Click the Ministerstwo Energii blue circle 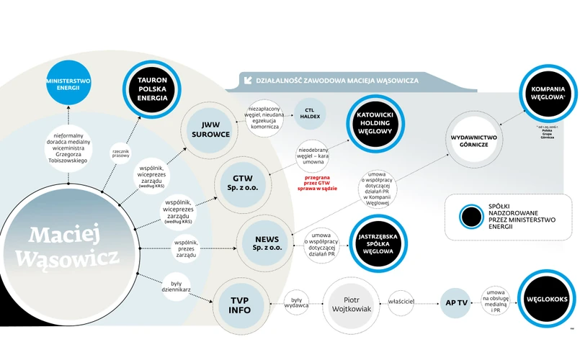click(x=68, y=86)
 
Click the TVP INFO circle click(x=240, y=305)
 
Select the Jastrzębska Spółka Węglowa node click(x=378, y=242)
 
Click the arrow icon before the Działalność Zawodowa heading click(x=249, y=80)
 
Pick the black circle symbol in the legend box click(x=472, y=216)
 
